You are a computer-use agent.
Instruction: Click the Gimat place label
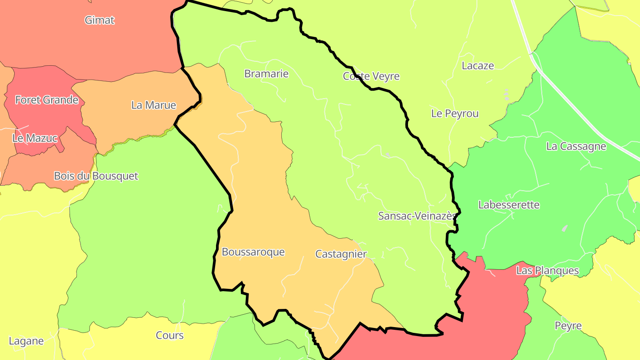coord(100,20)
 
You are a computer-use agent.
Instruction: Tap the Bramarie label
coord(266,74)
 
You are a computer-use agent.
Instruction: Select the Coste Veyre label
coord(371,76)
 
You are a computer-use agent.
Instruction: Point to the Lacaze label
coord(478,66)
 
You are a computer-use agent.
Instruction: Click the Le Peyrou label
coord(455,113)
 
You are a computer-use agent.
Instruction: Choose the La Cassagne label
coord(576,146)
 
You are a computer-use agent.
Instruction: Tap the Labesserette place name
coord(509,205)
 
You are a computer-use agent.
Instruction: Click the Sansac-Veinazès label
coord(417,216)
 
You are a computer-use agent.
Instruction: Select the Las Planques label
coord(548,270)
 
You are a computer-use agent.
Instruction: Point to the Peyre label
coord(568,326)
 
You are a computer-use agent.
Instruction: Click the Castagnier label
coord(341,254)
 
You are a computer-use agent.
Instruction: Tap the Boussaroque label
coord(253,252)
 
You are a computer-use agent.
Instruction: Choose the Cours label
coord(170,335)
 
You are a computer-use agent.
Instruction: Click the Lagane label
coord(26,341)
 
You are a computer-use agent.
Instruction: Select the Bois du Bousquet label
coord(96,176)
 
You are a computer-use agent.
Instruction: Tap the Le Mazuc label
coord(35,138)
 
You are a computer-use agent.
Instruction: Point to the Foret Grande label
coord(47,100)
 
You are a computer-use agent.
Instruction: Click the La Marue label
coord(154,105)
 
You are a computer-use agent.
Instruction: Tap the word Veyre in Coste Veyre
coord(386,76)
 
